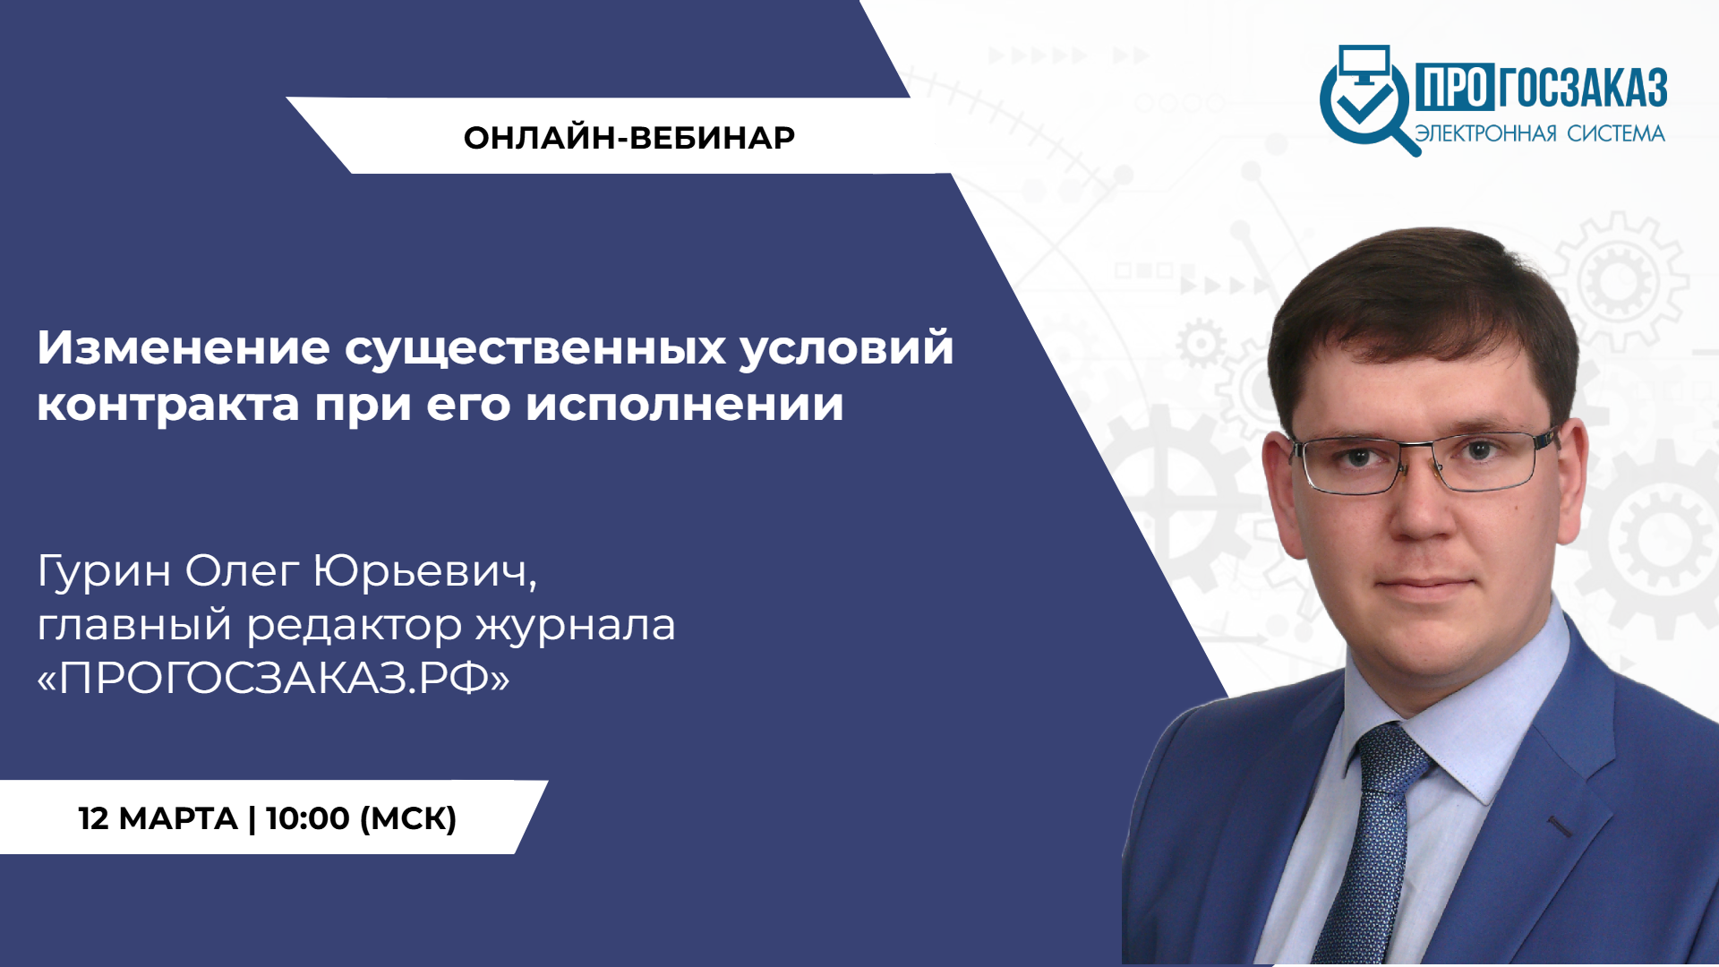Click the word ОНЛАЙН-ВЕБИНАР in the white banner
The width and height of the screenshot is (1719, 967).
coord(629,138)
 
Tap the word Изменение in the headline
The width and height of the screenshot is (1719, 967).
coord(184,347)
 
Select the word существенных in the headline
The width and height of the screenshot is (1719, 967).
coord(535,349)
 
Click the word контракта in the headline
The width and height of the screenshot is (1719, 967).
coord(168,405)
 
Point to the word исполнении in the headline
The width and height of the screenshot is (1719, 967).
coord(685,405)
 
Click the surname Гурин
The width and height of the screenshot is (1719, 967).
coord(104,571)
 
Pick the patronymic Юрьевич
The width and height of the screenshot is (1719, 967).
coord(425,571)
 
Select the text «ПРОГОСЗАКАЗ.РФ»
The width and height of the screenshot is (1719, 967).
coord(274,678)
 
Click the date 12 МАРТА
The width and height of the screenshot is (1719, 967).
coord(158,818)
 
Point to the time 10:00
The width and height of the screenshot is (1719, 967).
coord(308,818)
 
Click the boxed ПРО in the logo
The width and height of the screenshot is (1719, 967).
coord(1454,88)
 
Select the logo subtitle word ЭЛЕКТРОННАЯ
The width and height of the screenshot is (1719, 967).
coord(1486,134)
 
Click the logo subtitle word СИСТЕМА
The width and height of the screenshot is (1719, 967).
coord(1616,134)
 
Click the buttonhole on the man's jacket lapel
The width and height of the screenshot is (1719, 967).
coord(1561,827)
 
